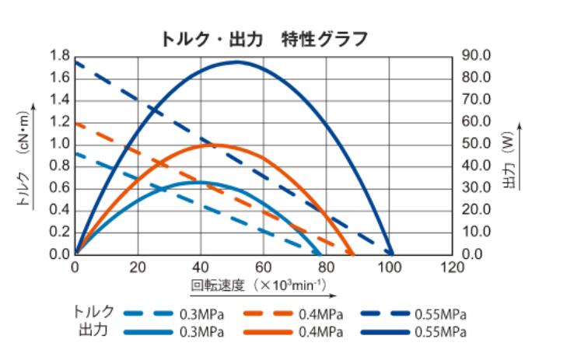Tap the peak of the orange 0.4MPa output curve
213,145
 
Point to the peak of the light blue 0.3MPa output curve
199,182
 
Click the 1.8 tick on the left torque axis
59,56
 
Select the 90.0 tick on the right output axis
477,56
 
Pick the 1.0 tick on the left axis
59,144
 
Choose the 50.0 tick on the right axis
477,144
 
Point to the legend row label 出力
93,330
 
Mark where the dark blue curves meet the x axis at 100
390,253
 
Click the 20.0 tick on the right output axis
477,210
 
